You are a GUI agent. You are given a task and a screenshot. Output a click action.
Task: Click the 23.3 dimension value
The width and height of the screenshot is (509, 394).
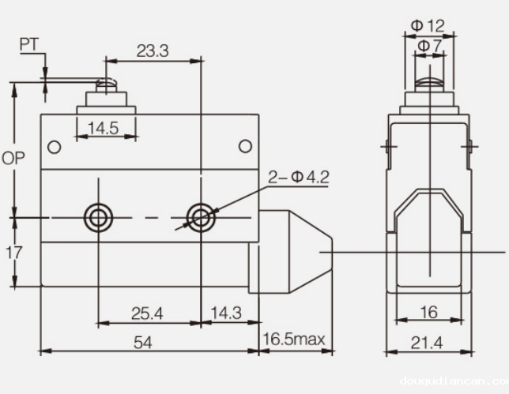click(153, 51)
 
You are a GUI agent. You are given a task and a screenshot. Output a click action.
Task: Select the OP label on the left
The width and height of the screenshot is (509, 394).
click(13, 158)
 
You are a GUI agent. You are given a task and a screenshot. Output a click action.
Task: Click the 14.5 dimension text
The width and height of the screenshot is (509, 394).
click(103, 128)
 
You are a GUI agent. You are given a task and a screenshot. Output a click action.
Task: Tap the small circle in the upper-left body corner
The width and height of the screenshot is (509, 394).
click(54, 147)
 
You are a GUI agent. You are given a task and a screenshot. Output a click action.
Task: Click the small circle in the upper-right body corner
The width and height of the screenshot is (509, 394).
click(246, 146)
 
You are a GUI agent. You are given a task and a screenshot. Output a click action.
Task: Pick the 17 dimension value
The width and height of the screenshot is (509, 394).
click(13, 253)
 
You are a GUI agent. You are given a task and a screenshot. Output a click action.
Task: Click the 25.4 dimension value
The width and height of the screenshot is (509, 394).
click(147, 313)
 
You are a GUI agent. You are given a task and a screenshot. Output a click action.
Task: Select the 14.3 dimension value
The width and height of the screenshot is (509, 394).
click(226, 313)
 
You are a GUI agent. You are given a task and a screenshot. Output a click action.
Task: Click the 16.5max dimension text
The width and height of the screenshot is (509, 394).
click(294, 340)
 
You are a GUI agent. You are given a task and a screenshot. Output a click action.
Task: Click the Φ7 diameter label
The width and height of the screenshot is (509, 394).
click(430, 46)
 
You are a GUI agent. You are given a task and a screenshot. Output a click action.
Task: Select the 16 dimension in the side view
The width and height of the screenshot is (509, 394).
click(428, 313)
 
